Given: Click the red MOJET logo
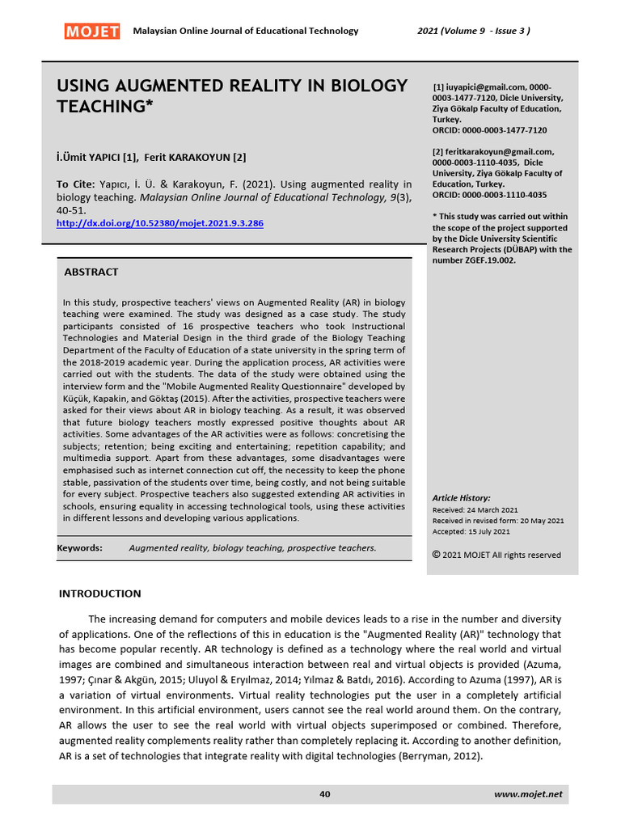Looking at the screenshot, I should pyautogui.click(x=91, y=32).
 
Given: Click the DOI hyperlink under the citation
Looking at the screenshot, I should pyautogui.click(x=159, y=223).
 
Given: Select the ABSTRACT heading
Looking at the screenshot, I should pyautogui.click(x=91, y=272).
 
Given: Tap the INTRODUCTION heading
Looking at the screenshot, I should pyautogui.click(x=99, y=594).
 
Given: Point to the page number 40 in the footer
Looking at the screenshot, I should pyautogui.click(x=325, y=794).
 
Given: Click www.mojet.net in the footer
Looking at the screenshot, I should pyautogui.click(x=527, y=794).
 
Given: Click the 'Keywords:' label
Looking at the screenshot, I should pyautogui.click(x=79, y=547).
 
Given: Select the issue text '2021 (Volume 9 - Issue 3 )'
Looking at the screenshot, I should pyautogui.click(x=473, y=31).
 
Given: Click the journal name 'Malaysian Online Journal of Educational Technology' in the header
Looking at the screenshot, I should pyautogui.click(x=245, y=31).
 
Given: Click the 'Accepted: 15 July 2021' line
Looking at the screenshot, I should pyautogui.click(x=471, y=531).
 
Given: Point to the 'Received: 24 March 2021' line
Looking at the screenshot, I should pyautogui.click(x=475, y=510).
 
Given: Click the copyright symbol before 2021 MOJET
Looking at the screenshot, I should pyautogui.click(x=437, y=555).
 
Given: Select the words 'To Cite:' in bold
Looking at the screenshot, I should pyautogui.click(x=75, y=184).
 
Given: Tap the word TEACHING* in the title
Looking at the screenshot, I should pyautogui.click(x=104, y=106).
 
